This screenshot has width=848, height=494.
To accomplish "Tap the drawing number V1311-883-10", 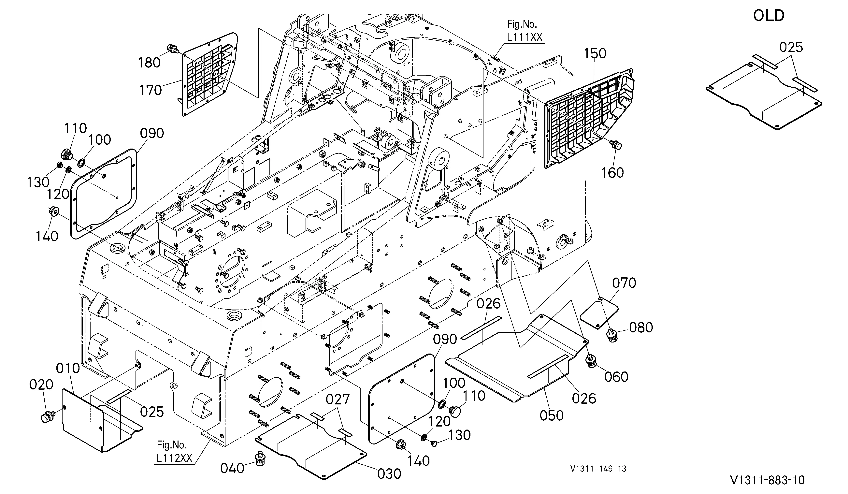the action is (x=768, y=480).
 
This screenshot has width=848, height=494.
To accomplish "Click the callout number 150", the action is (x=595, y=53).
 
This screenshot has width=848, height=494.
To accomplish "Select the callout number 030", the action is (x=389, y=474).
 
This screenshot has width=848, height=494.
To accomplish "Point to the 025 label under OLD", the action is (x=791, y=48).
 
